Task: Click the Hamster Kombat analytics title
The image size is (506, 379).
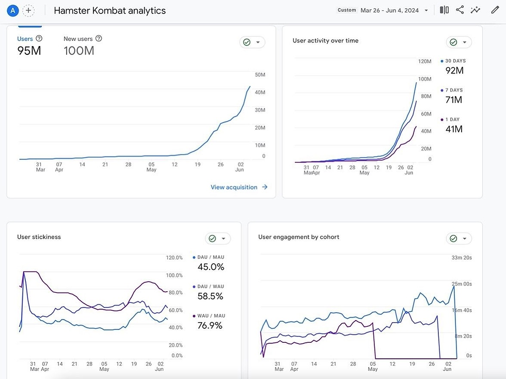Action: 109,10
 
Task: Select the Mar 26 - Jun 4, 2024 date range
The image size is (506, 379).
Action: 390,10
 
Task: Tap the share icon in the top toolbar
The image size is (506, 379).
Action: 460,10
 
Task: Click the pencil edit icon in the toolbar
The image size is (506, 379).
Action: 495,10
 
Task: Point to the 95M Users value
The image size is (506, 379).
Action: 29,51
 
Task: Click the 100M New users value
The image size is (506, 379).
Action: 78,51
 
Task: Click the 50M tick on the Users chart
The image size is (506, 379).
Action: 260,75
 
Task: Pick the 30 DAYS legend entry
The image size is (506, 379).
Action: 455,61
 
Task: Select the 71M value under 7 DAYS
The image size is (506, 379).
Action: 454,100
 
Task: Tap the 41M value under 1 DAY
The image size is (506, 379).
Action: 454,129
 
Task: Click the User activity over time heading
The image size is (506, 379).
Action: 325,41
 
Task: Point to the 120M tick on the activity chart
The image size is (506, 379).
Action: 424,62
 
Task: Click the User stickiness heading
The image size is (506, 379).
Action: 39,237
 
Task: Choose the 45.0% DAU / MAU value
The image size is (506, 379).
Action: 211,267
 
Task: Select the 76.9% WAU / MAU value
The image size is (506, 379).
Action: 210,325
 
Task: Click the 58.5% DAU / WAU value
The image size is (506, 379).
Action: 210,296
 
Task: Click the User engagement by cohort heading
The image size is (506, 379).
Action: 298,237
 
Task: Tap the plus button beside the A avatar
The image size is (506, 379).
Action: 29,10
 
